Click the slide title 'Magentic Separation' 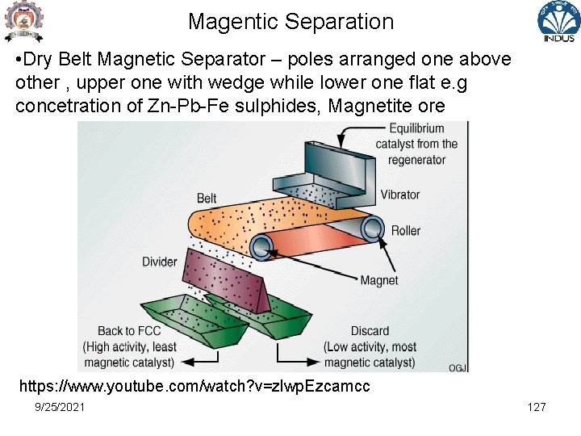pyautogui.click(x=290, y=22)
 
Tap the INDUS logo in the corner pyautogui.click(x=558, y=23)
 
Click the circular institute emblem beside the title pyautogui.click(x=22, y=22)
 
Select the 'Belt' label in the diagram pyautogui.click(x=207, y=198)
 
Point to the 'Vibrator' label pyautogui.click(x=399, y=195)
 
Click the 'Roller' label pyautogui.click(x=405, y=231)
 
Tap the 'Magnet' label pyautogui.click(x=378, y=281)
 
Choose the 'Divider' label pyautogui.click(x=159, y=262)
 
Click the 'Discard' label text pyautogui.click(x=370, y=331)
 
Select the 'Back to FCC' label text pyautogui.click(x=129, y=331)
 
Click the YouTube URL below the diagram pyautogui.click(x=194, y=386)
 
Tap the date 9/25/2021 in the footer pyautogui.click(x=60, y=407)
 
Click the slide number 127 pyautogui.click(x=537, y=407)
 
